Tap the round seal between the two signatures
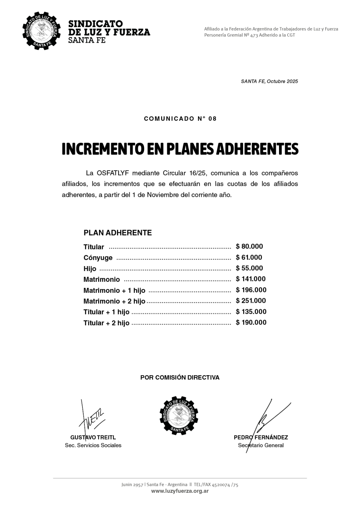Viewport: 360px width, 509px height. [x=179, y=416]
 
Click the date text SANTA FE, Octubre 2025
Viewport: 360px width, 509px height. [x=269, y=81]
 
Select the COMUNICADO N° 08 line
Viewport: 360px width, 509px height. [x=180, y=119]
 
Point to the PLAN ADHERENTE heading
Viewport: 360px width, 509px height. [x=117, y=233]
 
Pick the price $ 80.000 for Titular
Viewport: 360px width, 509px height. [x=249, y=247]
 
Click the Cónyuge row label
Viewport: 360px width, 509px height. [x=98, y=258]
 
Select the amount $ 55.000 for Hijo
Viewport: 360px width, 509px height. [x=249, y=268]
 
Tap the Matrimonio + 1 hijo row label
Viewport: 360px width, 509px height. [x=114, y=290]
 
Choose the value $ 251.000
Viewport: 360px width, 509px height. [x=250, y=301]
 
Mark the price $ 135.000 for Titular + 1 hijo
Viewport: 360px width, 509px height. [x=251, y=312]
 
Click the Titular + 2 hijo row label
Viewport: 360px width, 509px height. [x=106, y=323]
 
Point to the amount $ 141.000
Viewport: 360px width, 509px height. [x=250, y=279]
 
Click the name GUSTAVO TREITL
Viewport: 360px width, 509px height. [x=93, y=437]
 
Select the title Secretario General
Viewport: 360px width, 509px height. [x=261, y=445]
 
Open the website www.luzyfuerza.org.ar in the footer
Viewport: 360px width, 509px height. [x=180, y=491]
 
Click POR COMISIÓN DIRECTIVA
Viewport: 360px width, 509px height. [x=180, y=377]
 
